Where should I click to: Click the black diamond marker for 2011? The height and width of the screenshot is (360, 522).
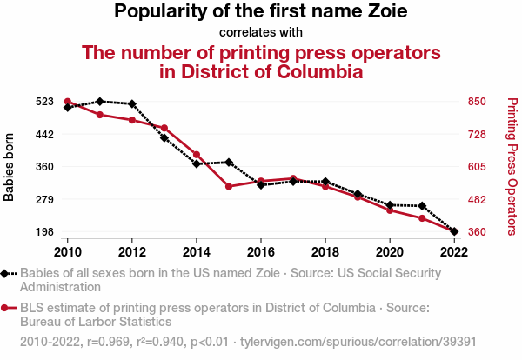point(100,102)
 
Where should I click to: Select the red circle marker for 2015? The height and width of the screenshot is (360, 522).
point(229,187)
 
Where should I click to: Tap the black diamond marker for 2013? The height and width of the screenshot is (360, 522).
point(164,137)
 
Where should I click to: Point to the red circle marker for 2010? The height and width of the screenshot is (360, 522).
point(68,102)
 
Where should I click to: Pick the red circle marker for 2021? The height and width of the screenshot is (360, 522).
point(422,218)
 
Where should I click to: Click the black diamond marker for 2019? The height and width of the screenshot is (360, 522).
point(358,194)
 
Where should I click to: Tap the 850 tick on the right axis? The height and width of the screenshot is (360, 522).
point(477,102)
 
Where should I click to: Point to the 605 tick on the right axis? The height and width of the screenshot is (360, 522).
point(477,167)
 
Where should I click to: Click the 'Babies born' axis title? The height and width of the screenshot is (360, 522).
point(10,167)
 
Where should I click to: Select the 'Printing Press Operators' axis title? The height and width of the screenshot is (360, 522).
point(512,167)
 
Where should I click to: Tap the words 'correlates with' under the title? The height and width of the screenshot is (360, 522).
point(261,33)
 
